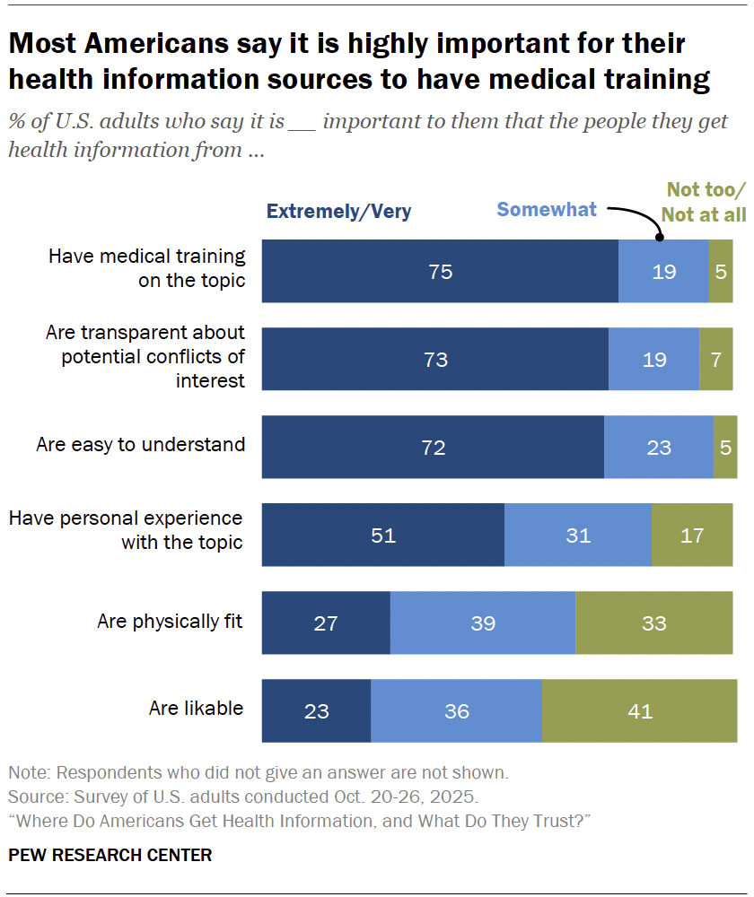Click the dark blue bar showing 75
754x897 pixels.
pos(440,271)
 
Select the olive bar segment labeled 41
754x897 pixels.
pos(639,711)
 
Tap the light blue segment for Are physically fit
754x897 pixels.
pos(483,623)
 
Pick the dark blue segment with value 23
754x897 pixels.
pos(316,711)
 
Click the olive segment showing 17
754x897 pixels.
pos(691,536)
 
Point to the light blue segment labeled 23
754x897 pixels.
pos(658,447)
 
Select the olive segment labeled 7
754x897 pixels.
pos(715,359)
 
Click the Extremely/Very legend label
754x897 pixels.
pos(338,212)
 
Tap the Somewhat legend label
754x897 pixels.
pos(547,210)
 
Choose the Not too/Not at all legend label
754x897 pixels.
pos(706,202)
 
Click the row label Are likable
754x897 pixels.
pos(196,709)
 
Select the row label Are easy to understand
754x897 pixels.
pos(140,444)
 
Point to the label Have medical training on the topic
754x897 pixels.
pos(146,267)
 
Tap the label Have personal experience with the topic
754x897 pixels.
pos(126,530)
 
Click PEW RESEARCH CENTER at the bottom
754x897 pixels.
pos(110,855)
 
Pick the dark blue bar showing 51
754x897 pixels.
pos(383,536)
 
